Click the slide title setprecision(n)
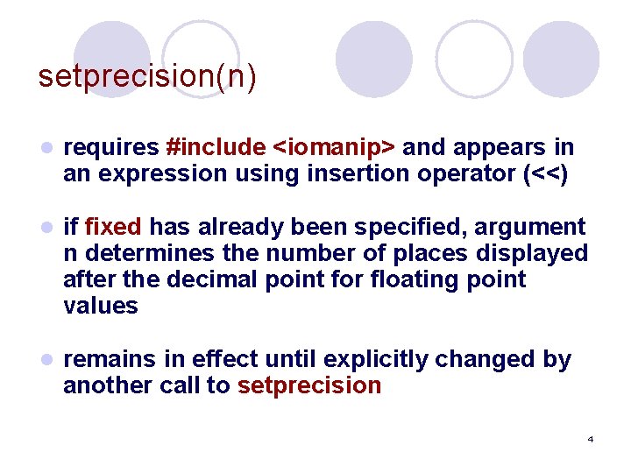tap(147, 76)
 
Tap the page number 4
tap(591, 438)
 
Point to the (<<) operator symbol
tap(545, 173)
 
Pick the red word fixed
tap(113, 227)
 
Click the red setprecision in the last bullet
tap(309, 385)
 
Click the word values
tap(101, 306)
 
